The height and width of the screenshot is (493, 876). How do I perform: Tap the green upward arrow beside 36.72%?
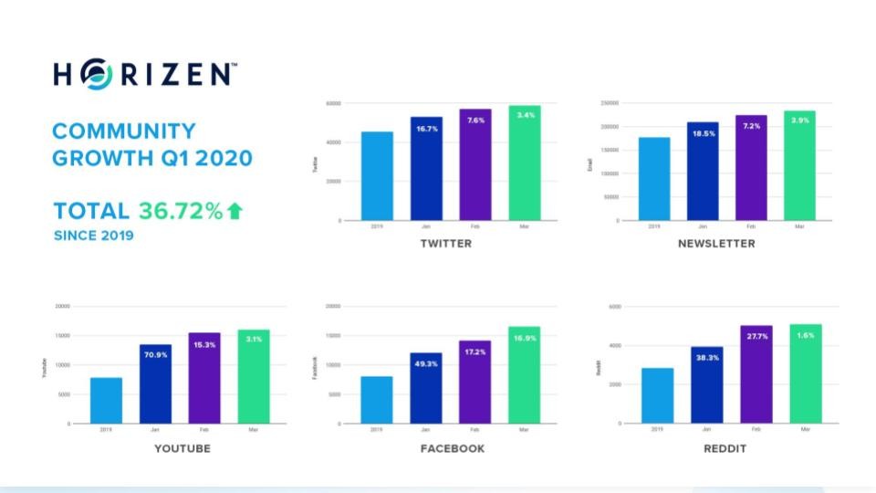(x=235, y=211)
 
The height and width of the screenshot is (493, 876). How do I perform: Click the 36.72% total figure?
(x=181, y=211)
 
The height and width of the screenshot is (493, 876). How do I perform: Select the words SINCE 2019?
(x=93, y=236)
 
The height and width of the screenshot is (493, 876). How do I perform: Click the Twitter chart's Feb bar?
(x=475, y=164)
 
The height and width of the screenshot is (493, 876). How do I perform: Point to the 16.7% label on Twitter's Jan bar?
(x=426, y=131)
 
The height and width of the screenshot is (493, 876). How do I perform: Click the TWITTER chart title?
(x=446, y=244)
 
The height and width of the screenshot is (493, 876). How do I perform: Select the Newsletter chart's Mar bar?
(x=798, y=165)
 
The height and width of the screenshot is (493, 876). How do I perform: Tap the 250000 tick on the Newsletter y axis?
(x=610, y=103)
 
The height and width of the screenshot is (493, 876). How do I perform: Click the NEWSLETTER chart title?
(x=716, y=244)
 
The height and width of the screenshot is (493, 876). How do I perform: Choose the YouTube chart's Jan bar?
(x=156, y=383)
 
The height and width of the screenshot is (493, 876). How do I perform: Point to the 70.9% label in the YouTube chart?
(x=156, y=356)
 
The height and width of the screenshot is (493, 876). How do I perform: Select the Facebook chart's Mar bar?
(x=525, y=375)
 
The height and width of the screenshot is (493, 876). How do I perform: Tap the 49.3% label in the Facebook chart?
(x=426, y=364)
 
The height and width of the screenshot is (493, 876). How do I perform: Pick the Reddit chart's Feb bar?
(x=756, y=374)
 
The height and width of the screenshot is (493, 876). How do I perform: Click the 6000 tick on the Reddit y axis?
(x=614, y=307)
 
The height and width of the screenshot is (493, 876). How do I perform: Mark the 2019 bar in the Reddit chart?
(x=657, y=395)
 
